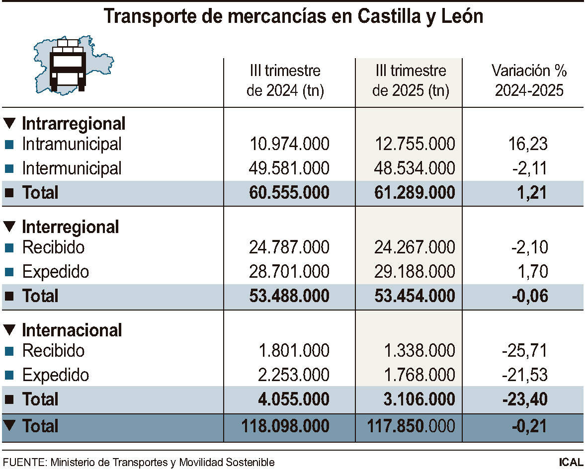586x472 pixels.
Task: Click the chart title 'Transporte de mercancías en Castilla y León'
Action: click(x=293, y=16)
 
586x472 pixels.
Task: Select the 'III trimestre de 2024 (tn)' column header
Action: click(x=285, y=81)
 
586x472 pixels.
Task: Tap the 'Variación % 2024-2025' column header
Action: click(x=529, y=81)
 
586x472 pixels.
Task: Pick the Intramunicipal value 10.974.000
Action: click(x=289, y=144)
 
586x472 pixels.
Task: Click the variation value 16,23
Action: click(x=528, y=144)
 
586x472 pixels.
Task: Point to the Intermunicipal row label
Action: click(x=72, y=168)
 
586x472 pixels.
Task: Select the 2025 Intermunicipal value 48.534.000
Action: click(x=415, y=168)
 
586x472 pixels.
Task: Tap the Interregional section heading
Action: click(x=70, y=227)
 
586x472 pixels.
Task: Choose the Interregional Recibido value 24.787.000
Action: click(x=289, y=247)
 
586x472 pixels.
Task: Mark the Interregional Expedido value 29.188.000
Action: click(x=415, y=272)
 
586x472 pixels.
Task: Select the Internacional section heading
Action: click(x=72, y=330)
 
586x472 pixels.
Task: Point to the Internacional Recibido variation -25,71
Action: click(x=525, y=351)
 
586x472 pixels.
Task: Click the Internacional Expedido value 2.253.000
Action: click(x=293, y=375)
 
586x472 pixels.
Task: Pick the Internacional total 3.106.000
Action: click(x=419, y=399)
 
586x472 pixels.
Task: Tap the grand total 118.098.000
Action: click(x=285, y=426)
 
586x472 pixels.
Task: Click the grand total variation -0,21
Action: click(x=528, y=426)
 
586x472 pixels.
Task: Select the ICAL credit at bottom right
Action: click(x=570, y=462)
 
